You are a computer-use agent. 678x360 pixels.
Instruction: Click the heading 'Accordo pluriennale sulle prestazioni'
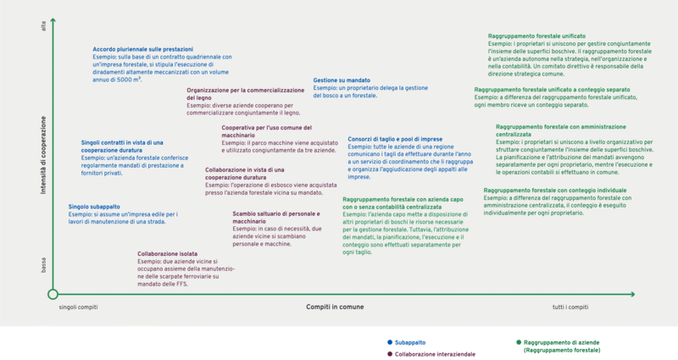143,49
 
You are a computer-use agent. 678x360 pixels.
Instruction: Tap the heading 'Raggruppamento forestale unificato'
536,36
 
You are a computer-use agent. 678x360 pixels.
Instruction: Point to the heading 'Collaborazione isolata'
168,253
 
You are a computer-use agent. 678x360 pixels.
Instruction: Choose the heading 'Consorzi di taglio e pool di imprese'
395,138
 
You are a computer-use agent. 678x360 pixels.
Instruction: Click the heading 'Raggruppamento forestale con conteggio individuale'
555,191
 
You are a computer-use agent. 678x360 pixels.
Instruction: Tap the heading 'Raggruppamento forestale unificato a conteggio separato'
552,89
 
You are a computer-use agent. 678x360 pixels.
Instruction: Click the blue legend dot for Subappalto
377,343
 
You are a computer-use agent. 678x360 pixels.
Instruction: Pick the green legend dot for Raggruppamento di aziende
518,343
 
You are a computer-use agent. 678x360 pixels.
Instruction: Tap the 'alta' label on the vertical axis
43,30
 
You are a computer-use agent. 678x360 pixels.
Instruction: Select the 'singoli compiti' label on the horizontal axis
78,307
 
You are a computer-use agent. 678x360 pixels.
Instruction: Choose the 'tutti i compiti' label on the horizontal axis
570,307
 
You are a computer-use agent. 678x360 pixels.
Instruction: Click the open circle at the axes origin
53,294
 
